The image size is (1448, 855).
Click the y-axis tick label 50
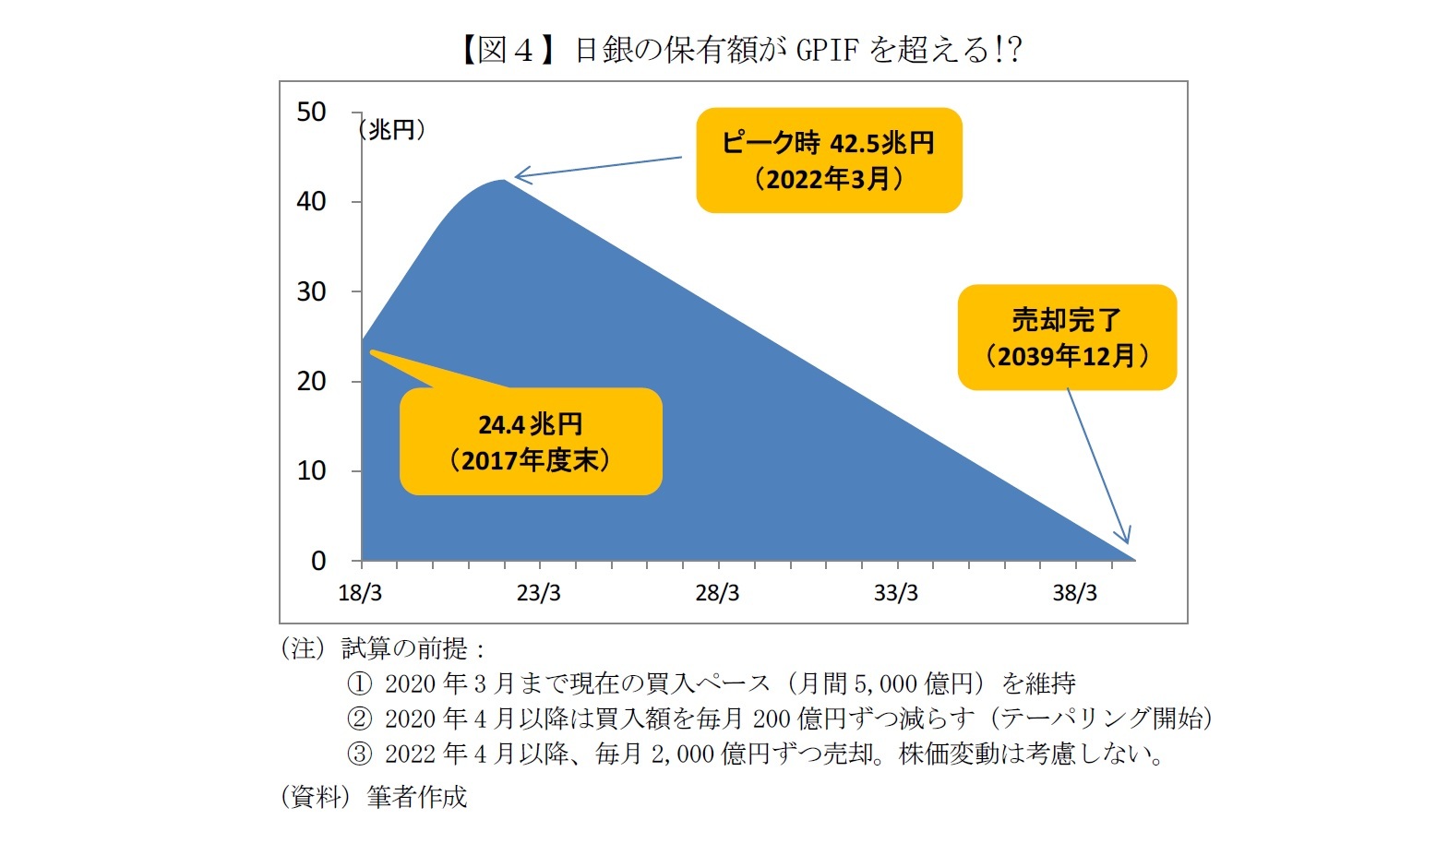[311, 113]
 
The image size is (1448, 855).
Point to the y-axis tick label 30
[311, 291]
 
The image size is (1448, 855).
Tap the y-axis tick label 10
[311, 471]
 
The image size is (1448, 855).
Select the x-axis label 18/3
[360, 593]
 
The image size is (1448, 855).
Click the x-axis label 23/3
[538, 593]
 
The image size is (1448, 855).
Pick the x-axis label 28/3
[717, 593]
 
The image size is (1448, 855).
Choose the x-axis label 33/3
[896, 593]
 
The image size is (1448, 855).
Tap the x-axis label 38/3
[1075, 593]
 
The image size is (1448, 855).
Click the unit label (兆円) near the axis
[392, 130]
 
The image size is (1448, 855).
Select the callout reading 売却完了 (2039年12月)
[1067, 338]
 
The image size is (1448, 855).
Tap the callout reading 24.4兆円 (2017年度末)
[531, 442]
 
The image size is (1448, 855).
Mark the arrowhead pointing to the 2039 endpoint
[1124, 539]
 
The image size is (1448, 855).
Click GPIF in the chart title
[827, 49]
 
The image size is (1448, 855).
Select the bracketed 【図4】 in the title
[509, 49]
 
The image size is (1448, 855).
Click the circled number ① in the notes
[359, 683]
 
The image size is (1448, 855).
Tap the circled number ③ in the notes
[359, 754]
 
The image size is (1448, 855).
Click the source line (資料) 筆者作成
[374, 797]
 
